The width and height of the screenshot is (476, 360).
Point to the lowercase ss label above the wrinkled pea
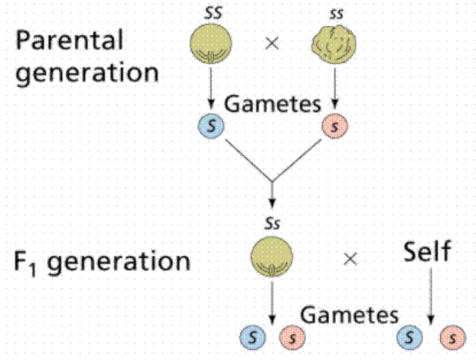point(334,14)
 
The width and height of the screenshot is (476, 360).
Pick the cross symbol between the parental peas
point(271,44)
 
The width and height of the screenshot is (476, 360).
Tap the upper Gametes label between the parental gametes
point(272,103)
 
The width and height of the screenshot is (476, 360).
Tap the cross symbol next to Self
point(350,259)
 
